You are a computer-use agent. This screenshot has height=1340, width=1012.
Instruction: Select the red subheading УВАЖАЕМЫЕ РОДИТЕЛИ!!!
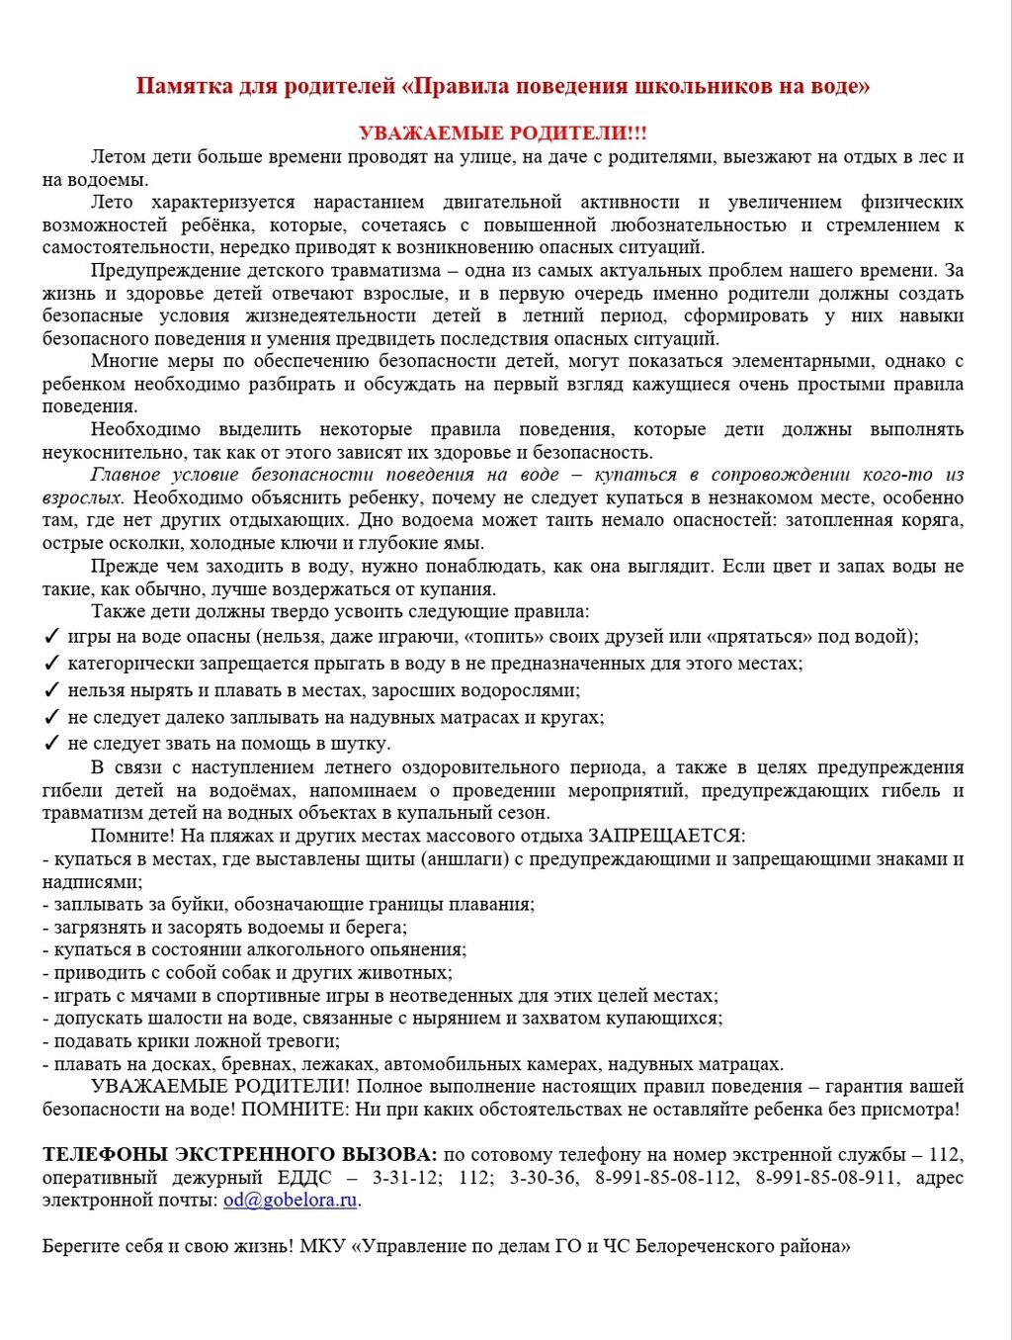pos(503,134)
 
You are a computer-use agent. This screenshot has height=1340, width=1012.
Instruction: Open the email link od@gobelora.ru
pos(290,1201)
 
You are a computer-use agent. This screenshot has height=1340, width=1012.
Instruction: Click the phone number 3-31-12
pos(406,1178)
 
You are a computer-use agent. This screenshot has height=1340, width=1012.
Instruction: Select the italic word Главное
pos(126,475)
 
